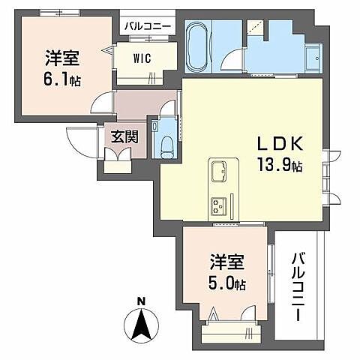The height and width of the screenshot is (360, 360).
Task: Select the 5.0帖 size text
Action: click(227, 283)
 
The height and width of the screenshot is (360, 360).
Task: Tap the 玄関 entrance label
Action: click(124, 137)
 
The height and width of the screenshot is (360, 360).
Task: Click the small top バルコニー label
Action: click(148, 25)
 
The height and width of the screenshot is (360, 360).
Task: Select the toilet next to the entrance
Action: click(166, 142)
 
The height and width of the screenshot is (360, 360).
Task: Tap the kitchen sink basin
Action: click(220, 172)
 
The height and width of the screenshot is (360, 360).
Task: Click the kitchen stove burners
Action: click(220, 203)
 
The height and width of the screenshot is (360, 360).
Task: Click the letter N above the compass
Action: click(141, 302)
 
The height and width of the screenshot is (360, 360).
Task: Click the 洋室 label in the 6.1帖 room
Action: click(63, 57)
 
